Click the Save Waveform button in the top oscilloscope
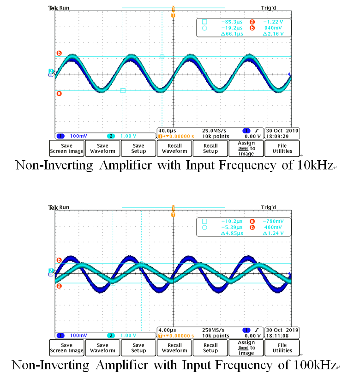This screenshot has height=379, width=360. (x=102, y=148)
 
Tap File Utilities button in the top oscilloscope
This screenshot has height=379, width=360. (x=282, y=148)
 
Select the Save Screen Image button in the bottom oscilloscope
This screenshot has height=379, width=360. (x=66, y=348)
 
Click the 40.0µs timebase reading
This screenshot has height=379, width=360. (x=168, y=131)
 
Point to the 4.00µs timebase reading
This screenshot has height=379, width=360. (x=168, y=330)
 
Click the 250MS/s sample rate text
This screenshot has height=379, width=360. (x=213, y=330)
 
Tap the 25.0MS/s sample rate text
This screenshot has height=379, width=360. (x=213, y=131)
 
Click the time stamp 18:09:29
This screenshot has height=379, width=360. (x=282, y=136)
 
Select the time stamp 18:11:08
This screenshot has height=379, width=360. (x=282, y=336)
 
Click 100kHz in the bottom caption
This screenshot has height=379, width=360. (x=314, y=365)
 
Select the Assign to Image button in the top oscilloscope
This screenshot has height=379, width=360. (x=246, y=148)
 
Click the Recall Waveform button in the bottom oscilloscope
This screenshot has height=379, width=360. (x=174, y=348)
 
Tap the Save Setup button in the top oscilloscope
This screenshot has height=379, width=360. (x=138, y=148)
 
